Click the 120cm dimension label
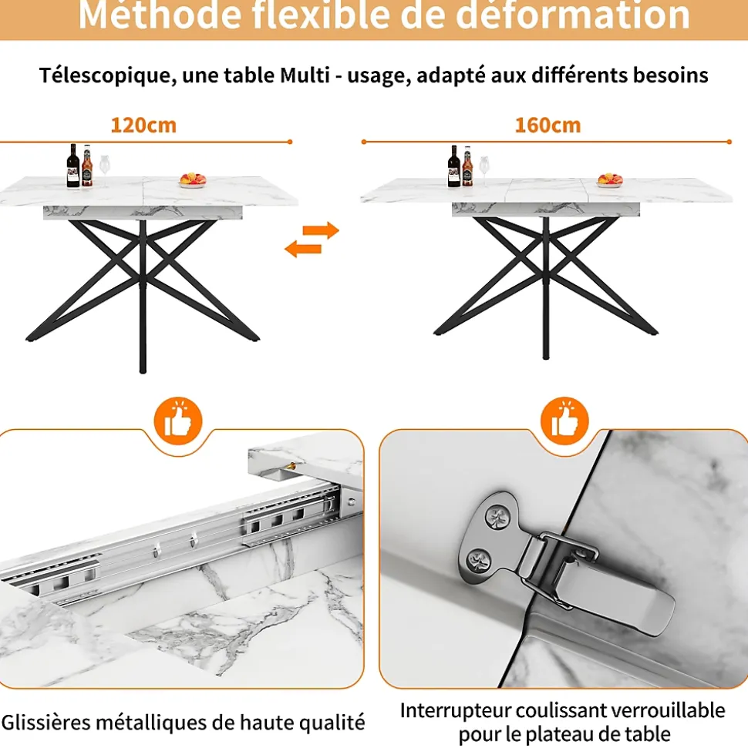coord(143,126)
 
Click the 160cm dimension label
coord(548,126)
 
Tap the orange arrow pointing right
coord(321,230)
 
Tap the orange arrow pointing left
coord(303,249)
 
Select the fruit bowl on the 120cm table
coord(193,180)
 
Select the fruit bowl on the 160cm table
coord(610,180)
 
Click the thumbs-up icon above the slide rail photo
coord(178,421)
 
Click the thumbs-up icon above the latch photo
coord(564,421)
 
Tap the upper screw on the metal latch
coord(497,517)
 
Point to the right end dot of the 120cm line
coord(290,142)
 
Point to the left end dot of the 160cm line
coord(364,142)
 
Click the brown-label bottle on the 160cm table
coord(467,166)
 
